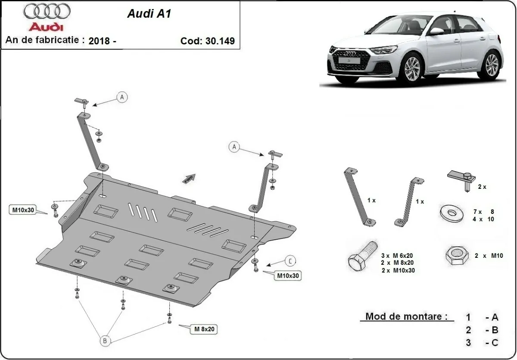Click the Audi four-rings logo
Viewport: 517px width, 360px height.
(x=47, y=12)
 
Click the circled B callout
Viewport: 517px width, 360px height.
(x=105, y=341)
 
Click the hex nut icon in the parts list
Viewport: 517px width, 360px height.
(x=455, y=256)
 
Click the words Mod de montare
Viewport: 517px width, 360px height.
(x=404, y=316)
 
